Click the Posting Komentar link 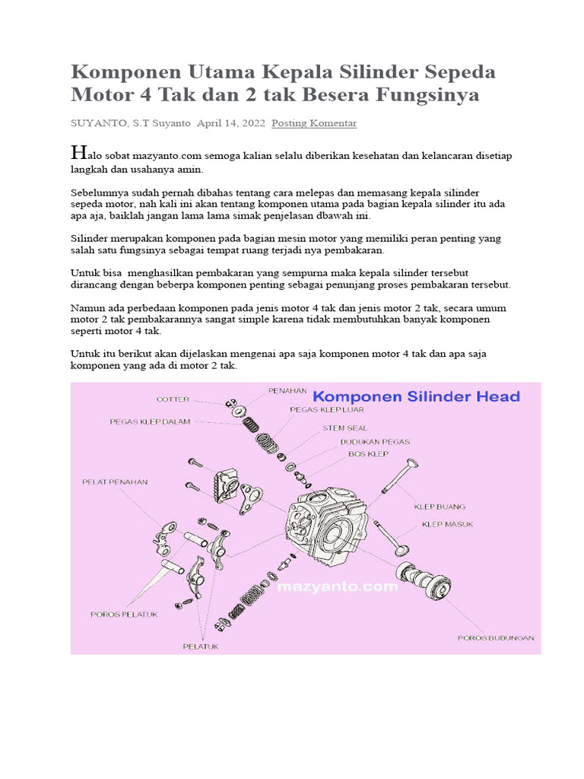coord(314,122)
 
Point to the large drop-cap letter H coord(76,151)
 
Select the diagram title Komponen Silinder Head coord(417,396)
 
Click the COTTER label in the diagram coord(173,399)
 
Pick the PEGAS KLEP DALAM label coord(150,421)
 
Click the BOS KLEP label coord(368,454)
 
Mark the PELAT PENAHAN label coord(115,482)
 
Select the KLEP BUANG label coord(440,506)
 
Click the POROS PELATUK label coord(124,615)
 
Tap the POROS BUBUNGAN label coord(496,638)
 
